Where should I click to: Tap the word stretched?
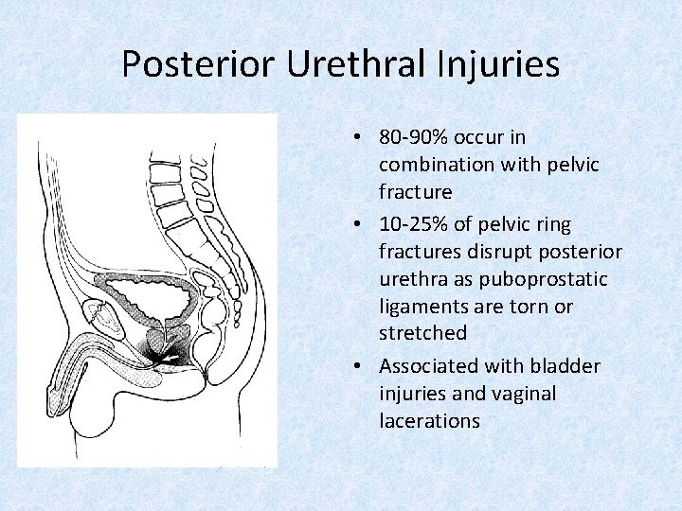pos(422,333)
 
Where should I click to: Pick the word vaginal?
pos(522,393)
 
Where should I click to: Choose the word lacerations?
pos(429,420)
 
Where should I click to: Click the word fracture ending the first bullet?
pos(415,192)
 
